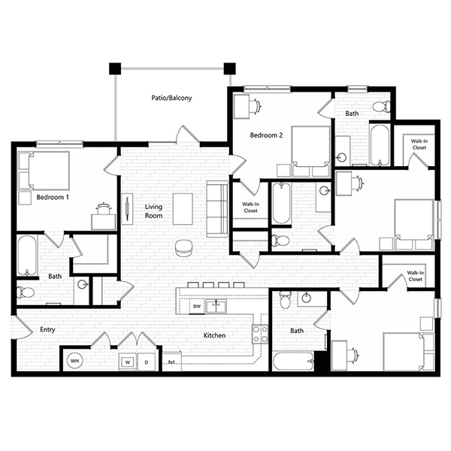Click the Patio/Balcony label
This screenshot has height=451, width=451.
click(x=171, y=98)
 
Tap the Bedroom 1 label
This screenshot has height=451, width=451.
click(x=53, y=197)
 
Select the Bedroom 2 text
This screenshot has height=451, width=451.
click(x=266, y=135)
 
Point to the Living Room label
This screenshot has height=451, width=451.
click(x=153, y=211)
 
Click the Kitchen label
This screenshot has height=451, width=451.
click(x=214, y=335)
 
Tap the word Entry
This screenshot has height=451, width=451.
click(x=47, y=330)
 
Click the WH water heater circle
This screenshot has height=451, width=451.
click(x=74, y=361)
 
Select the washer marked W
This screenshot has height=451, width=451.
click(x=128, y=362)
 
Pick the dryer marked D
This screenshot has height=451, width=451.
click(x=147, y=362)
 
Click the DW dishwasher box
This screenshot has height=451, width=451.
click(x=197, y=307)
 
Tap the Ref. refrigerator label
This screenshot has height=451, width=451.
click(x=171, y=362)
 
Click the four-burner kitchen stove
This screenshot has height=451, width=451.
click(x=260, y=334)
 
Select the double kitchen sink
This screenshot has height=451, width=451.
click(x=216, y=306)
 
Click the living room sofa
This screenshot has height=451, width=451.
click(x=217, y=209)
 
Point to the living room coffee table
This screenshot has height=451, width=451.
click(x=183, y=209)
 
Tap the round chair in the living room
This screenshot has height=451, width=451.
click(x=184, y=249)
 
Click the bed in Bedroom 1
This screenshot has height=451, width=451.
click(x=44, y=171)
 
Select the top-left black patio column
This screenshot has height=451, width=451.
click(x=115, y=68)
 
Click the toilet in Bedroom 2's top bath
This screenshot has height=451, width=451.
click(x=382, y=106)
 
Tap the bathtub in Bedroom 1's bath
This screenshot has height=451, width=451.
click(x=27, y=256)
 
